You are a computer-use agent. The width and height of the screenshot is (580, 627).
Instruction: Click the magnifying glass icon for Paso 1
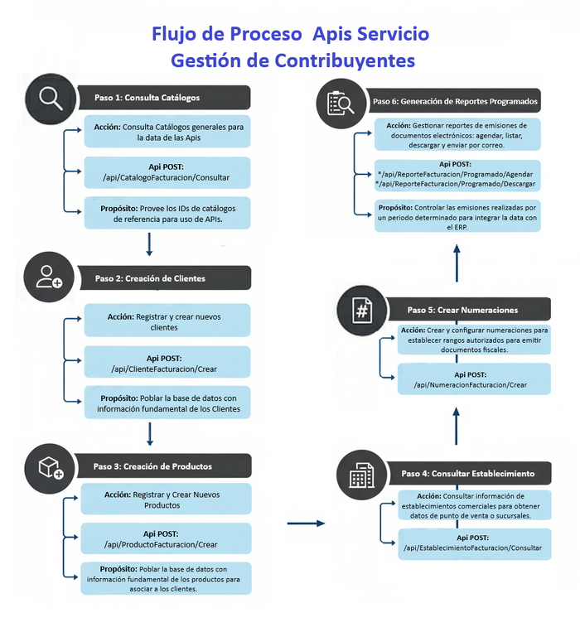50,97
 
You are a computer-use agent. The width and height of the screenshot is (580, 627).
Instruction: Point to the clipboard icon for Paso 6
341,102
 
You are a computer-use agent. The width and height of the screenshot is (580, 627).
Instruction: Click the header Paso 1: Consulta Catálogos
164,97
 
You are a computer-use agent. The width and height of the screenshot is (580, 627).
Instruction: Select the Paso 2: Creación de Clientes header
164,277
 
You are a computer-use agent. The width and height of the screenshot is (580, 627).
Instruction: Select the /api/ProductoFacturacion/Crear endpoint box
165,538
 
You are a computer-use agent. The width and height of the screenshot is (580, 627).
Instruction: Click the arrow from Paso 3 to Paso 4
306,523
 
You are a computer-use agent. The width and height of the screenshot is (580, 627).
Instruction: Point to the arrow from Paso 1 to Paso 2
150,244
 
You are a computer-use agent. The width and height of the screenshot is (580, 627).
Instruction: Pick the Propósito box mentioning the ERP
457,215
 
